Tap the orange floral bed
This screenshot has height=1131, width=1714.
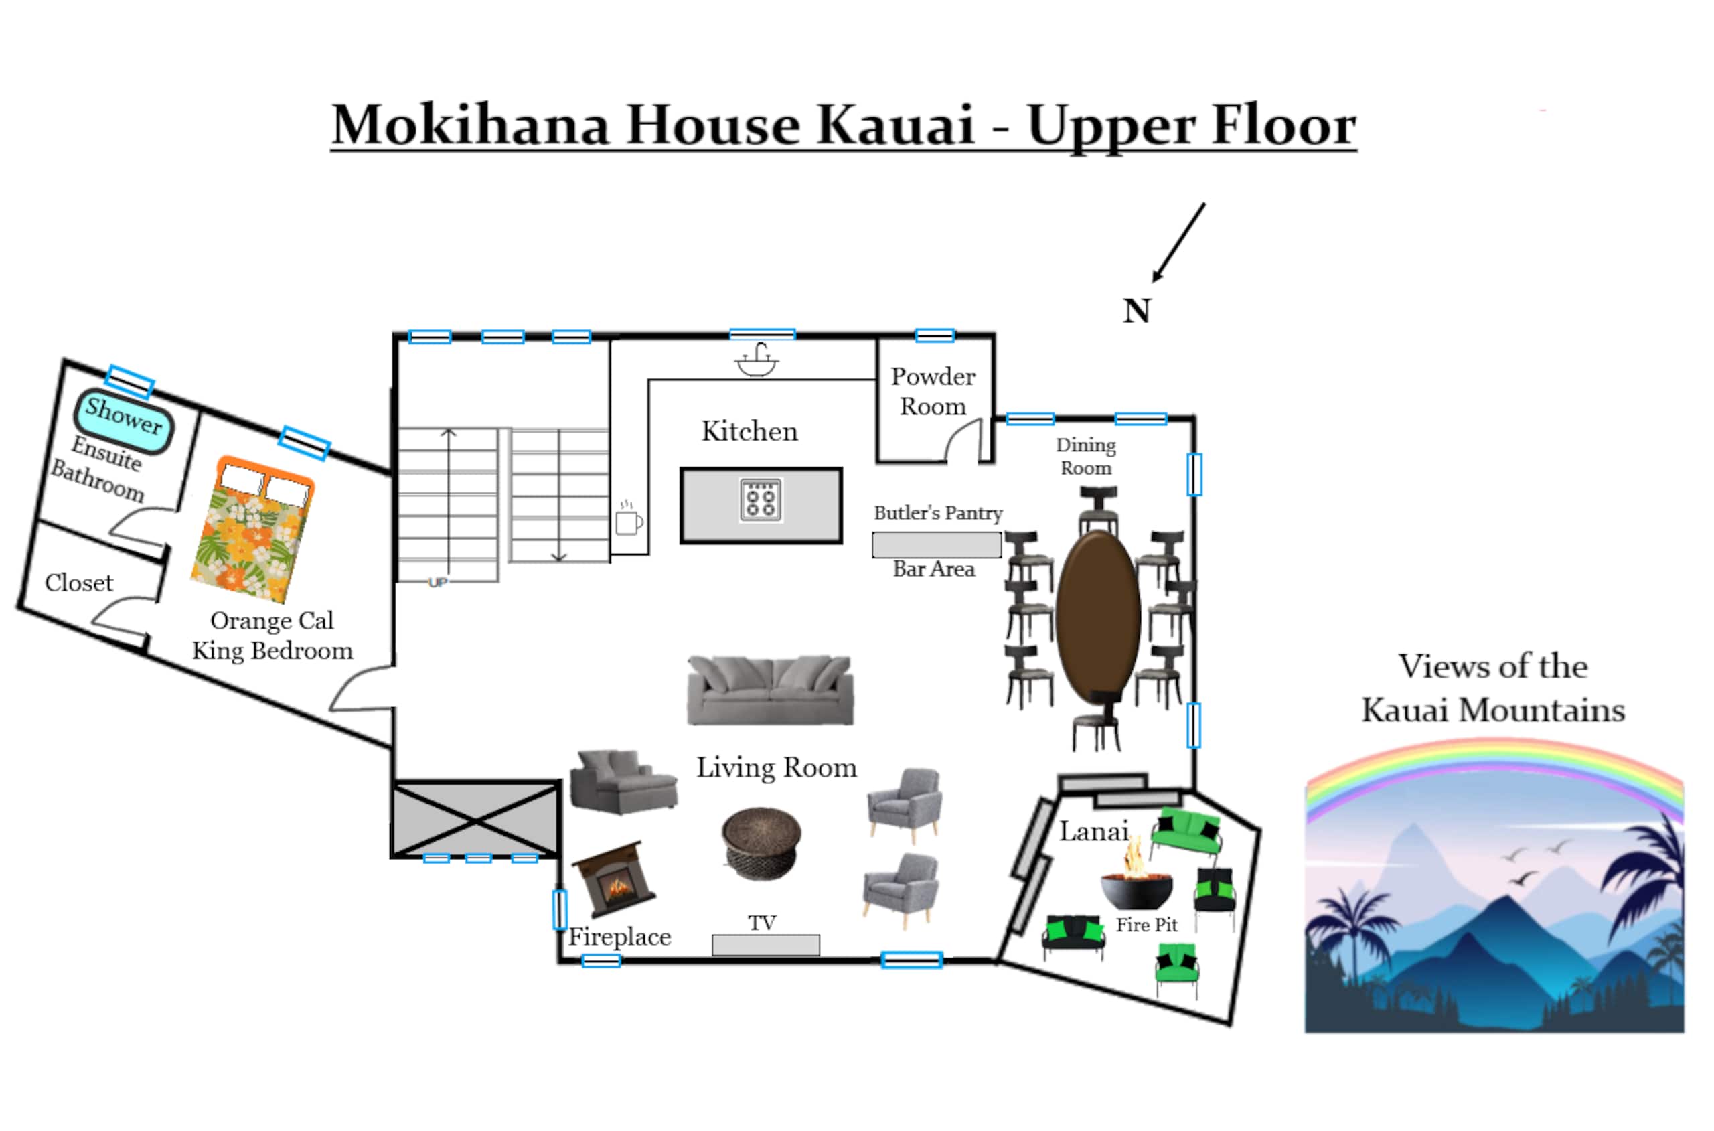click(x=252, y=530)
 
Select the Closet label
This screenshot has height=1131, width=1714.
click(x=78, y=583)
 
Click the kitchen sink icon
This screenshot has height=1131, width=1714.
click(x=757, y=360)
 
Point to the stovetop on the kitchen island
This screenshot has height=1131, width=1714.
click(x=761, y=500)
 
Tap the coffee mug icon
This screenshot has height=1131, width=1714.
click(x=629, y=518)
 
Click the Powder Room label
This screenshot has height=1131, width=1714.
click(x=933, y=391)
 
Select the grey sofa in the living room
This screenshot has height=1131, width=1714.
click(x=770, y=690)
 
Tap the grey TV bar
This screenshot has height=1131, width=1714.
click(x=765, y=945)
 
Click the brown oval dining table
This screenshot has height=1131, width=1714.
click(x=1098, y=617)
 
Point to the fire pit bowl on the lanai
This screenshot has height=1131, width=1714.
click(x=1136, y=885)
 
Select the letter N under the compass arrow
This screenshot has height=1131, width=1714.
click(x=1136, y=311)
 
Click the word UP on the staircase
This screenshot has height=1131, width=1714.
click(x=438, y=582)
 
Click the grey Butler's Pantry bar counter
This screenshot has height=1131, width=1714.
click(x=936, y=545)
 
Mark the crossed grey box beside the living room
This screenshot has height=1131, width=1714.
click(x=476, y=820)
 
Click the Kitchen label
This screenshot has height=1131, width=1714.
click(x=750, y=431)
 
